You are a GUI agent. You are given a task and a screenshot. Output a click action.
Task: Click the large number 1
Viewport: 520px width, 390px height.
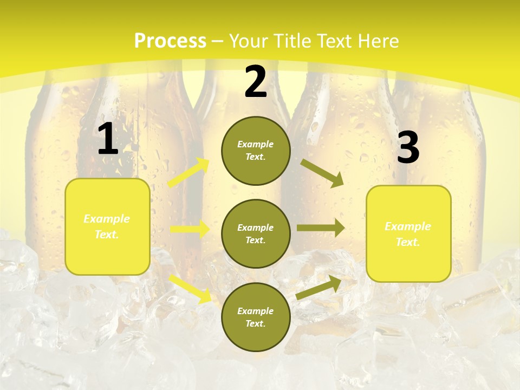click(108, 139)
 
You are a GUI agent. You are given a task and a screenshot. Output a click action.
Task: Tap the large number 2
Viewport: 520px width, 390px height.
click(256, 82)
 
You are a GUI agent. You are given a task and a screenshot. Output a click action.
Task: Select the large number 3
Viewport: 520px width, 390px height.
click(408, 148)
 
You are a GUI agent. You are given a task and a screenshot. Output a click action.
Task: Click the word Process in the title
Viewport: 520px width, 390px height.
click(170, 41)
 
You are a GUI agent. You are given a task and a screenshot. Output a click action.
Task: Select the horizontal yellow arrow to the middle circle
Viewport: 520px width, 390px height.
click(190, 229)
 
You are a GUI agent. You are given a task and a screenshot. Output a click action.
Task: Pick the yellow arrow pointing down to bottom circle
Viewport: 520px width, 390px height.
click(190, 288)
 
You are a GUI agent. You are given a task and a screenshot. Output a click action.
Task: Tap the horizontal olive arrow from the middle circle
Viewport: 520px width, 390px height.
click(320, 228)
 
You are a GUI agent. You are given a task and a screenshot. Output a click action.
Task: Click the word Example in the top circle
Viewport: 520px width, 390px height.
click(256, 144)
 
